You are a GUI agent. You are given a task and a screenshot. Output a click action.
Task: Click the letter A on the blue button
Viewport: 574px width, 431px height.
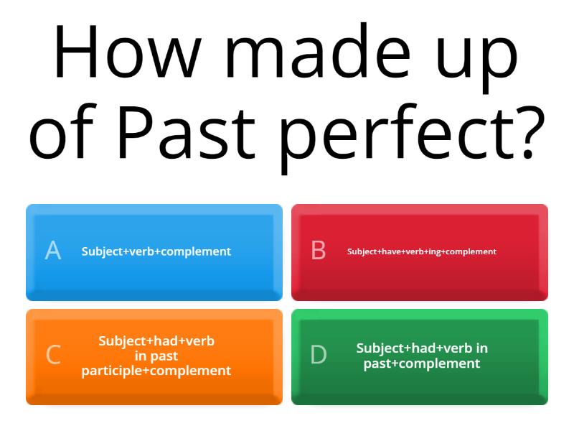[x=53, y=251]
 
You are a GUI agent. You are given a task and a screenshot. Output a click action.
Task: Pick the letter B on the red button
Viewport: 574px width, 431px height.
[x=318, y=251]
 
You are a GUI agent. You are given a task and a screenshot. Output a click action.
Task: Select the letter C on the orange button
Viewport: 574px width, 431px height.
[x=53, y=355]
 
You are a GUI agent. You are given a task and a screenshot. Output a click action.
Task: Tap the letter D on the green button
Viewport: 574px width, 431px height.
[x=318, y=355]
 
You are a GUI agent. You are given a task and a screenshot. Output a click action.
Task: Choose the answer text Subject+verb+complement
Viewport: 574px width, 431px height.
[x=156, y=251]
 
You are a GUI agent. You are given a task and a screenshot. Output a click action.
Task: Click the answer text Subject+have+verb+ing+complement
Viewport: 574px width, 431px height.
[x=422, y=251]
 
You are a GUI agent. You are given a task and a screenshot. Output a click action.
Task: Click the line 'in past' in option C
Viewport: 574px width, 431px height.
[x=156, y=356]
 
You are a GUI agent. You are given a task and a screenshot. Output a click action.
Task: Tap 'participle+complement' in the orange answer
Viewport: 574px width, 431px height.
[x=156, y=371]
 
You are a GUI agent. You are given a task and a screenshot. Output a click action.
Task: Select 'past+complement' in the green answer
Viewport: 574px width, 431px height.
[x=422, y=363]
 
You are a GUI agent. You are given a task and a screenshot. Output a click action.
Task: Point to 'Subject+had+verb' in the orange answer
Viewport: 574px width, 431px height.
[x=156, y=341]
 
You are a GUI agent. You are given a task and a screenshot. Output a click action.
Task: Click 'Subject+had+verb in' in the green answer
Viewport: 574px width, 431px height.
[x=422, y=348]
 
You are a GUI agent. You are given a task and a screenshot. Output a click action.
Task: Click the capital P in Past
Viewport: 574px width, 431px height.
[x=133, y=134]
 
